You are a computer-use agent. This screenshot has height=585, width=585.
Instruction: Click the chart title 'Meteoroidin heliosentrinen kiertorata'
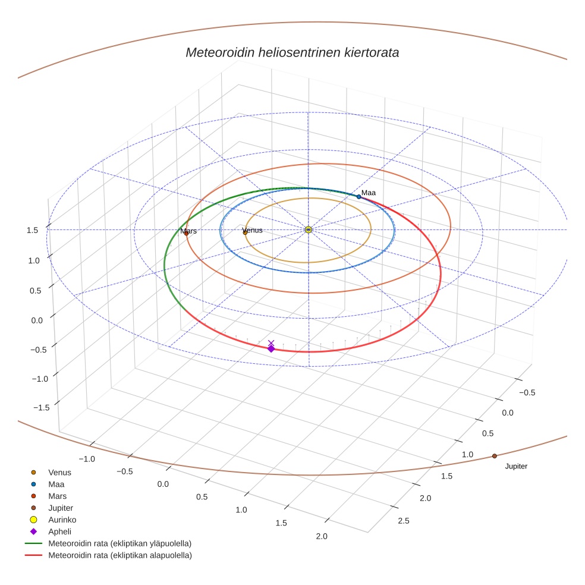tap(292, 52)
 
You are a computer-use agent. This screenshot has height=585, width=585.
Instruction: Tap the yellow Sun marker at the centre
tap(308, 229)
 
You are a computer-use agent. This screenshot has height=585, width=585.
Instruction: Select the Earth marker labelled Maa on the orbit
tap(358, 197)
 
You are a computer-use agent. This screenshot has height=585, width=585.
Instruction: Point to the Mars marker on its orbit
tap(186, 233)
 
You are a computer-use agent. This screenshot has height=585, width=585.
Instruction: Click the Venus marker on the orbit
tap(245, 232)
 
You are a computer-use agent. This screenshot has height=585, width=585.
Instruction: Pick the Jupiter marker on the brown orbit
tap(494, 456)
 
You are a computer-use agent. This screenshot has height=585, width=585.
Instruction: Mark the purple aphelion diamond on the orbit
tap(271, 348)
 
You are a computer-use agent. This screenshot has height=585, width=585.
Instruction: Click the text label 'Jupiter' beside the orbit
tap(516, 466)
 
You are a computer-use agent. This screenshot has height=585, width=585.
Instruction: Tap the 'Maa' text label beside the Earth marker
tap(369, 193)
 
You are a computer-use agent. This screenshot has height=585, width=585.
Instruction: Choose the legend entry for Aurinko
tap(62, 520)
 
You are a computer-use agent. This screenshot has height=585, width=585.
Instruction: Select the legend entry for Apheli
tap(59, 531)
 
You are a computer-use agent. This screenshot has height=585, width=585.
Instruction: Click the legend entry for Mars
tap(57, 496)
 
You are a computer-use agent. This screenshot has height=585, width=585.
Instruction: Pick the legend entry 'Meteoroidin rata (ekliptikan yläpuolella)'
tap(119, 543)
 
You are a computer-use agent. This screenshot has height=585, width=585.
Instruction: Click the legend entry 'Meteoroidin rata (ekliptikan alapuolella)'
tap(119, 555)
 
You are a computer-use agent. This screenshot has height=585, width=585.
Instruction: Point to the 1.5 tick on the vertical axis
tap(33, 230)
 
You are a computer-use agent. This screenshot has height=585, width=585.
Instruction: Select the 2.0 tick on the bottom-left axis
tap(321, 536)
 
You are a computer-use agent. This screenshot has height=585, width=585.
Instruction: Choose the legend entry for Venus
tap(59, 472)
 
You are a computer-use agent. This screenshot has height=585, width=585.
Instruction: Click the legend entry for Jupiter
tap(61, 508)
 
